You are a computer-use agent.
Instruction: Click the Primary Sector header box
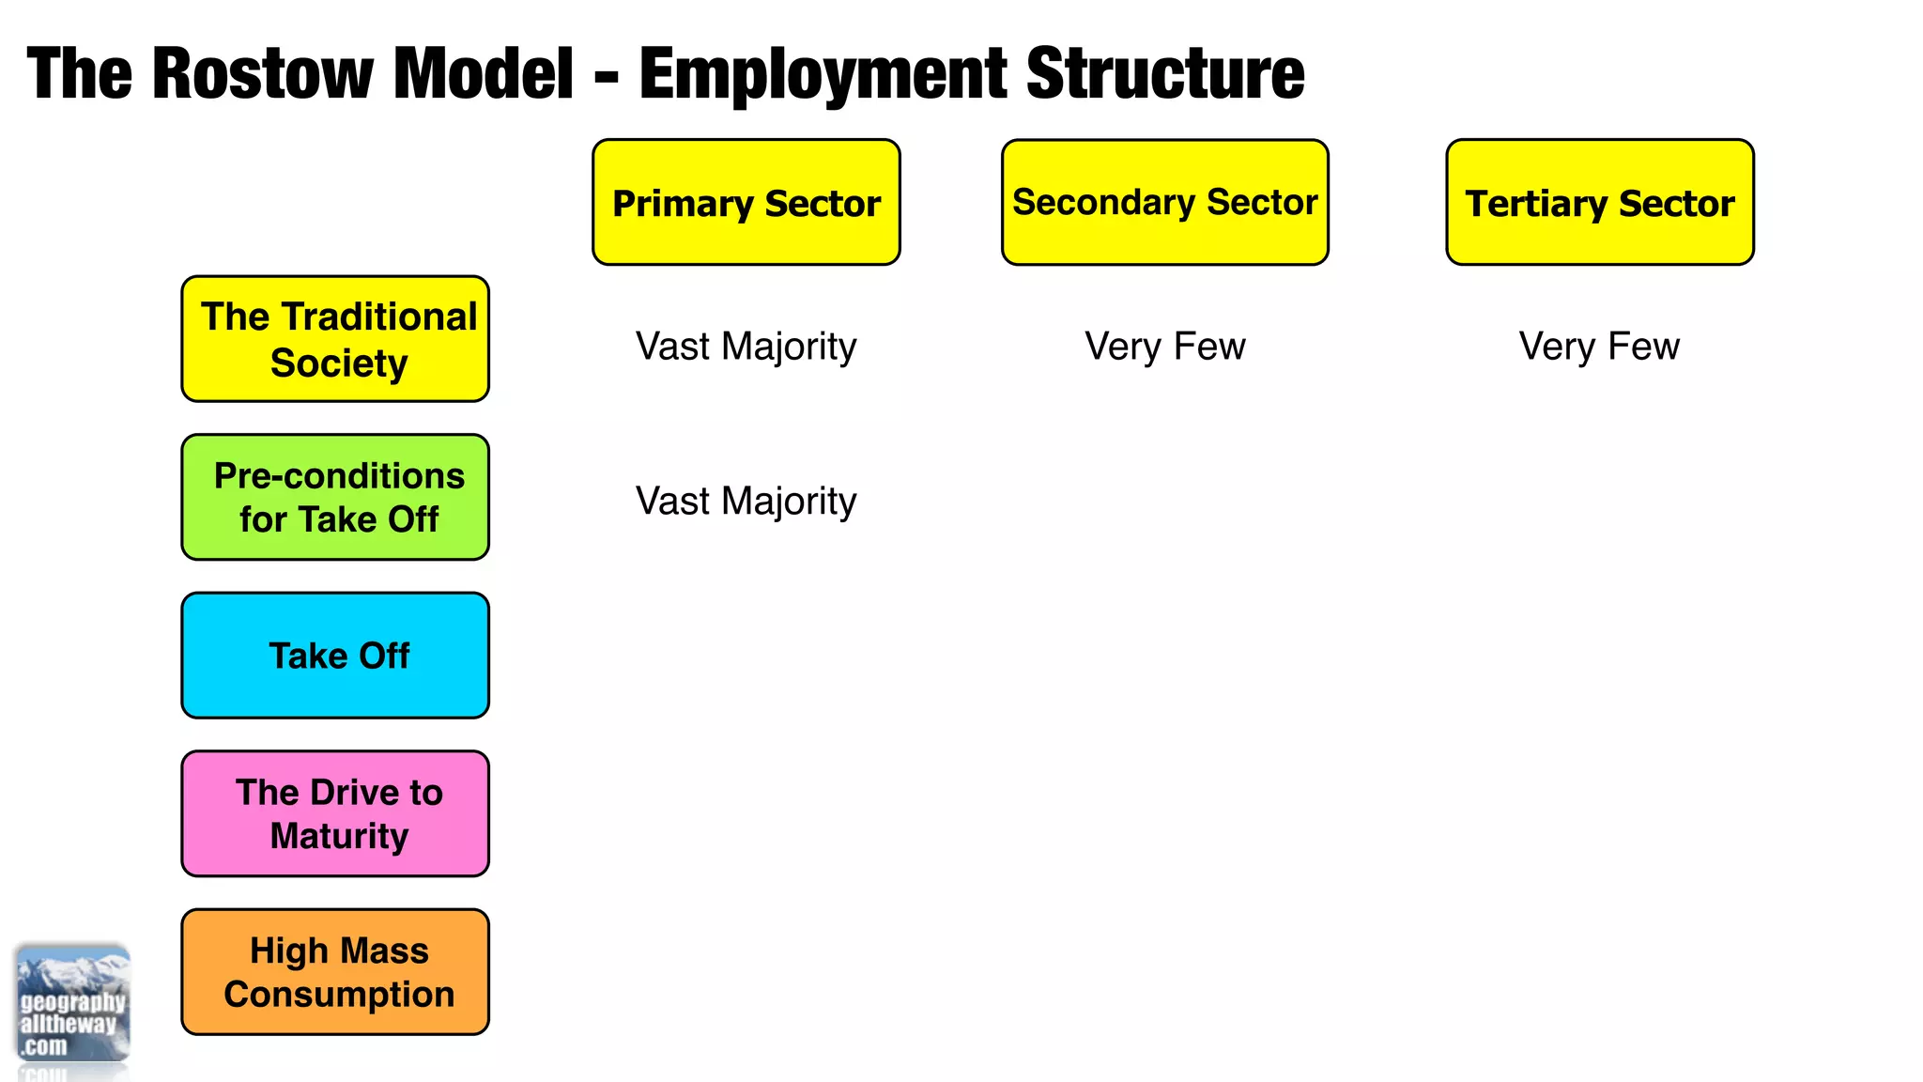[746, 202]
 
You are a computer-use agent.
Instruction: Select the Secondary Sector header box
[1164, 202]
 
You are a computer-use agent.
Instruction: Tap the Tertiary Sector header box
[1599, 202]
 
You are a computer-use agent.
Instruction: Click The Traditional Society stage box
[335, 339]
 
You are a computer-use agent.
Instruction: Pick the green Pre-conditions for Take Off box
[335, 497]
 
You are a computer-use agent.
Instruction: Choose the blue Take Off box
[335, 656]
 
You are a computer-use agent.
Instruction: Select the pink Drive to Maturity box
[335, 813]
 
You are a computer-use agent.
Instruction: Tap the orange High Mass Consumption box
[335, 972]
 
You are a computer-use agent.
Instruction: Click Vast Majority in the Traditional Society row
[746, 347]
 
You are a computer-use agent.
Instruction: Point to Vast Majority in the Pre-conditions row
[746, 502]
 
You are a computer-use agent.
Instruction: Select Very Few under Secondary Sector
[1164, 347]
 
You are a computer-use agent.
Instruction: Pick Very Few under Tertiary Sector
[1599, 347]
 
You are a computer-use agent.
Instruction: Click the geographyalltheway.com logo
[72, 1005]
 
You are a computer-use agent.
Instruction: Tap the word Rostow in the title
[262, 73]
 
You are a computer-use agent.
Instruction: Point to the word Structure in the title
[1165, 73]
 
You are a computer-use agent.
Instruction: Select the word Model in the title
[483, 73]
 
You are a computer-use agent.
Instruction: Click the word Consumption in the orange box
[339, 994]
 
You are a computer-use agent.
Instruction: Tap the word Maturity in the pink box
[339, 836]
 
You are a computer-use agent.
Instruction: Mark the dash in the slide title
[607, 75]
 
